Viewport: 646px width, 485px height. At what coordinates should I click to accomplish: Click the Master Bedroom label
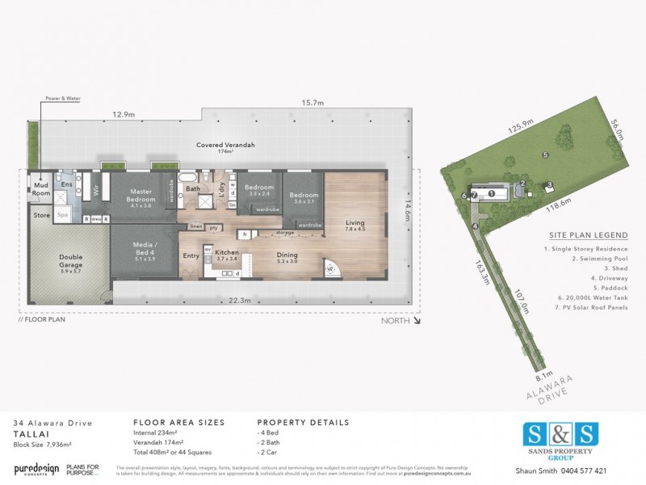tap(142, 196)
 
